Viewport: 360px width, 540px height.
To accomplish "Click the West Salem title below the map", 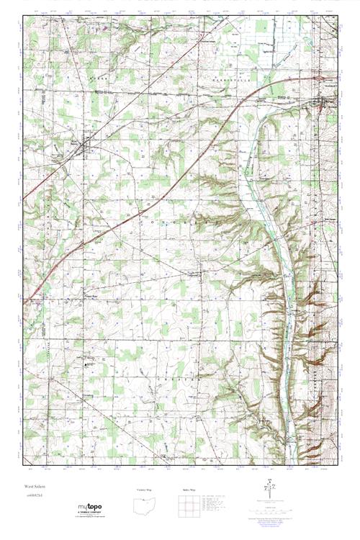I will click(31, 487).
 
